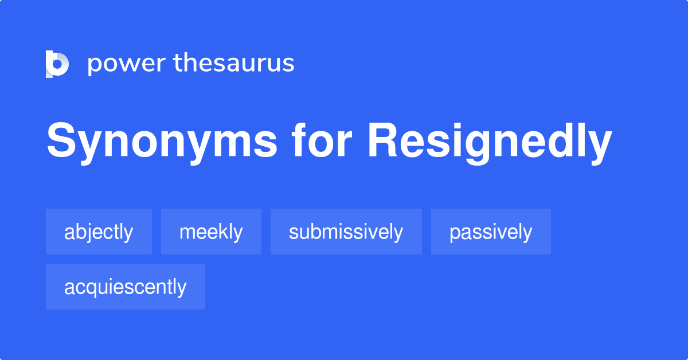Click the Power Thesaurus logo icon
click(x=57, y=64)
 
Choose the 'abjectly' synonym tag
click(x=99, y=232)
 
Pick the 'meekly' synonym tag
click(x=211, y=232)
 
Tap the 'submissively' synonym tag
click(x=346, y=232)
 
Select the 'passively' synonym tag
click(x=491, y=232)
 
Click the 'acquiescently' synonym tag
click(x=125, y=287)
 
